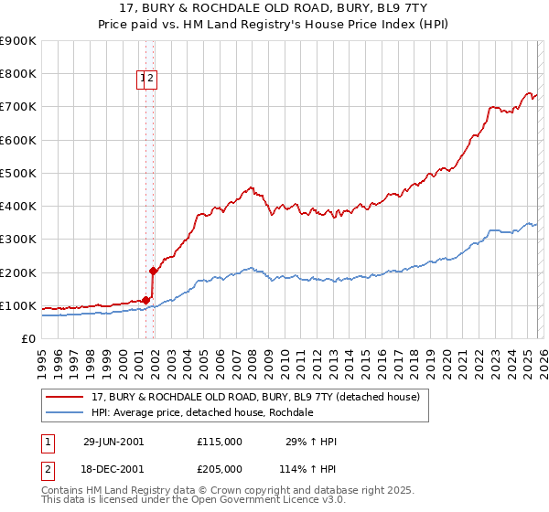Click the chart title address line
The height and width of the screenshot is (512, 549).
[x=274, y=7]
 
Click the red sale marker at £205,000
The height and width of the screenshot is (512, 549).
[x=153, y=271]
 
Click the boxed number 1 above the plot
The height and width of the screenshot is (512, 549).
[x=144, y=80]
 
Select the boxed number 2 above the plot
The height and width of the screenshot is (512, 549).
[x=152, y=80]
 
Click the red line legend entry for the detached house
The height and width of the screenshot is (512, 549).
[x=255, y=397]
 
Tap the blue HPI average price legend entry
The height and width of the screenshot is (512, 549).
[x=202, y=412]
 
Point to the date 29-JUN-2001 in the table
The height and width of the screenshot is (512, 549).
[x=113, y=442]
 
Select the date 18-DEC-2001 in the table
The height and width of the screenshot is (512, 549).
[x=113, y=468]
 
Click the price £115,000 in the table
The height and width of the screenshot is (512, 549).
[x=220, y=442]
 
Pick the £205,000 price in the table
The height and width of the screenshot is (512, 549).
[x=220, y=468]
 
